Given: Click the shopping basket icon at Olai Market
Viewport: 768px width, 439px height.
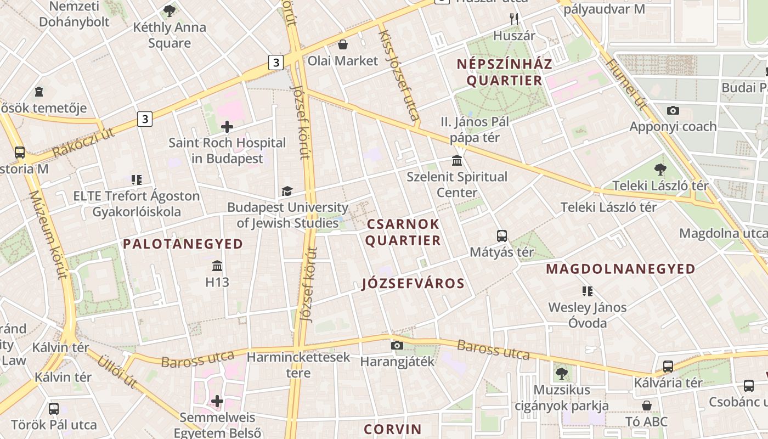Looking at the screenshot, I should pyautogui.click(x=343, y=44).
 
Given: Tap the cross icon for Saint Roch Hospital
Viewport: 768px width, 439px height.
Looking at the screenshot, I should pyautogui.click(x=227, y=127).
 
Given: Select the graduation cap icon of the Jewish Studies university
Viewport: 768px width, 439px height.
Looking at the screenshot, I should pyautogui.click(x=287, y=191).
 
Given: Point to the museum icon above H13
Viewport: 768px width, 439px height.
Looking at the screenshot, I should pyautogui.click(x=217, y=266).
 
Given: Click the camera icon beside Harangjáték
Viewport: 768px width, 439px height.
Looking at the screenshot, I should pyautogui.click(x=397, y=345).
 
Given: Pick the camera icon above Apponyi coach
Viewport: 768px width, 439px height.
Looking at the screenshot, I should pyautogui.click(x=673, y=110).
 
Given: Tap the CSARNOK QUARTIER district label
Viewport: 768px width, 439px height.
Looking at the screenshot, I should pyautogui.click(x=403, y=232).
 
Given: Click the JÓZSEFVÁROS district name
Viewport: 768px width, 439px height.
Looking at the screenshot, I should pyautogui.click(x=413, y=284).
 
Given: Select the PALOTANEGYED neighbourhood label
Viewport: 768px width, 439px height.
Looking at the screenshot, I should pyautogui.click(x=183, y=244).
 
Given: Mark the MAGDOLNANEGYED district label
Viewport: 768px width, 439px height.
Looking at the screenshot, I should pyautogui.click(x=621, y=269).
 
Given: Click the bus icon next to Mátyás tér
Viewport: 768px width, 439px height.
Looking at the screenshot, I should pyautogui.click(x=502, y=236).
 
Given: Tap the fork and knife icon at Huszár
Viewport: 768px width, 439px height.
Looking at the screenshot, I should pyautogui.click(x=514, y=19).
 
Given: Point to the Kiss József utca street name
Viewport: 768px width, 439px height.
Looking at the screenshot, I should pyautogui.click(x=399, y=75).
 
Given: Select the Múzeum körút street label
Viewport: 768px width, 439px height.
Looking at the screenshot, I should pyautogui.click(x=48, y=234).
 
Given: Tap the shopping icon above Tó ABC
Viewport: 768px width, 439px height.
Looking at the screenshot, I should pyautogui.click(x=647, y=405).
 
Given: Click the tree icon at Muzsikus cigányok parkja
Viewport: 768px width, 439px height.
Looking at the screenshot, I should pyautogui.click(x=561, y=374).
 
